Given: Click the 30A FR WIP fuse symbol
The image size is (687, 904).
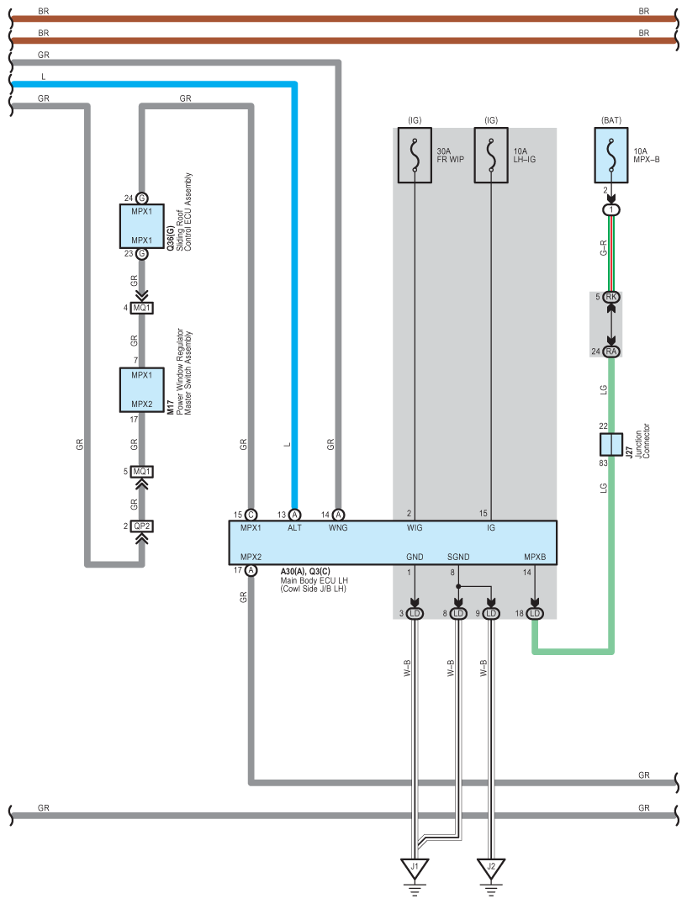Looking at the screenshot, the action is [415, 155].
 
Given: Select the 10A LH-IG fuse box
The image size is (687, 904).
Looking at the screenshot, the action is [491, 155].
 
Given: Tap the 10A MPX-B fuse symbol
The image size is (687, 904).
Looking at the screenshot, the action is [611, 155].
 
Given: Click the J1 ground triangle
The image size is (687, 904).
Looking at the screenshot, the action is [415, 868].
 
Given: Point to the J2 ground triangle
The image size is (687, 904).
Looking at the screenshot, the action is [491, 868].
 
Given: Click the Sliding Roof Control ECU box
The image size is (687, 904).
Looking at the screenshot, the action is [142, 226].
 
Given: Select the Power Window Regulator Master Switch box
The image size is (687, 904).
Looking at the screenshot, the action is [142, 389].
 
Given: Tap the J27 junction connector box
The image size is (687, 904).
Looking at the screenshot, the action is [611, 445].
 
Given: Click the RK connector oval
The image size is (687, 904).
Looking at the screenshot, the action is [611, 297].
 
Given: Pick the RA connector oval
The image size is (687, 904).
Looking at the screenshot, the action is [611, 352].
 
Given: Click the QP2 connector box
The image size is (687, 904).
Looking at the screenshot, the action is [142, 526].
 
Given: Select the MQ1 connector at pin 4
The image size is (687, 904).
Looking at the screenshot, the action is [142, 308].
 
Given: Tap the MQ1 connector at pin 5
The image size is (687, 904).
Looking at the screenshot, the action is [142, 472].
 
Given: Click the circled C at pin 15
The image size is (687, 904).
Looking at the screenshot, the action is [251, 515].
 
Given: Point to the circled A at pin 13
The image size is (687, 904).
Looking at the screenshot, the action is [294, 515].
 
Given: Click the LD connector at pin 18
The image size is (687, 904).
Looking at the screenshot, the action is [535, 613].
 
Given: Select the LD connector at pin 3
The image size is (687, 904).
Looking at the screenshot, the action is [415, 613].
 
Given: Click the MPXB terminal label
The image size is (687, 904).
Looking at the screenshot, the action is [535, 557].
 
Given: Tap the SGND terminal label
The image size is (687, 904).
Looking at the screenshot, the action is [458, 557].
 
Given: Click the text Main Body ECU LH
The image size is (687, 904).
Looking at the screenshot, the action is [314, 580].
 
